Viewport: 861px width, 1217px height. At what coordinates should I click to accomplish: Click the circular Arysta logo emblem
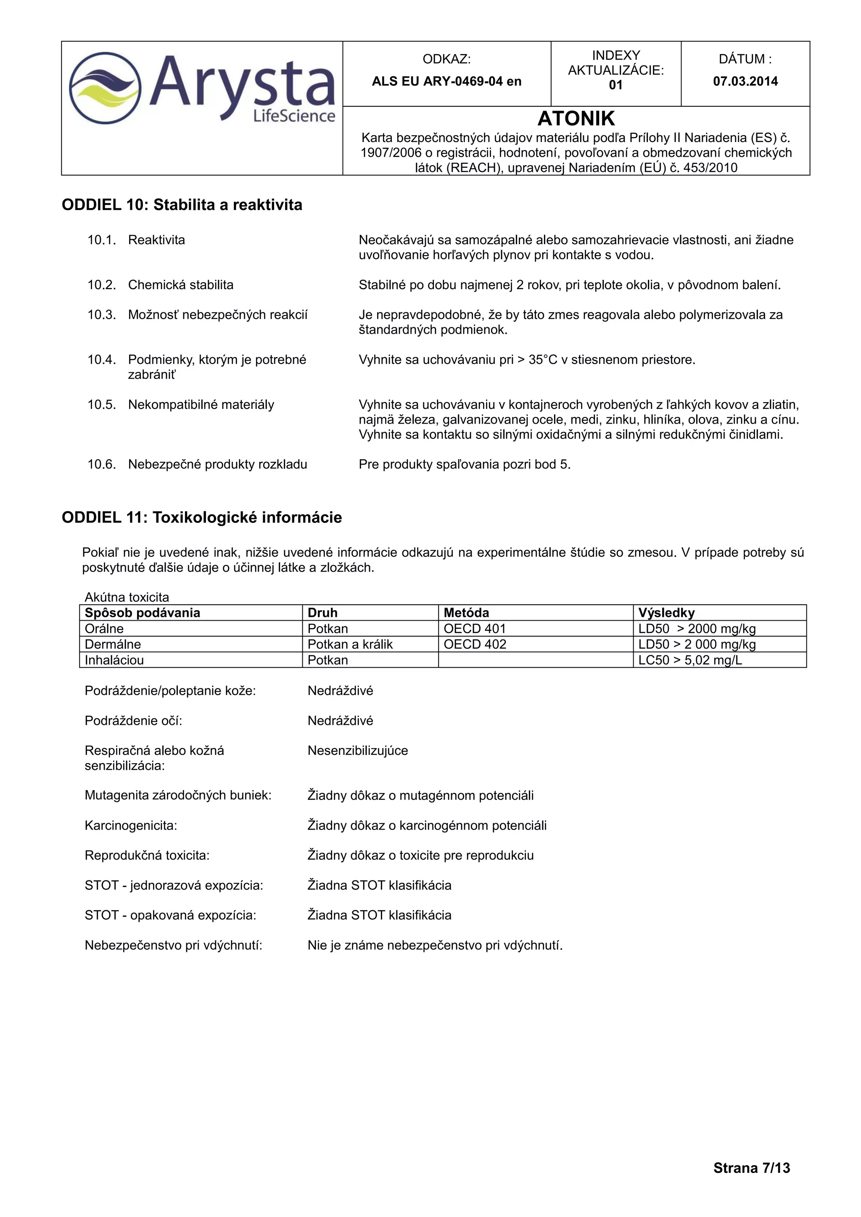pyautogui.click(x=106, y=88)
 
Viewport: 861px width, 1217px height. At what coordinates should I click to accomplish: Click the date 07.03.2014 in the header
pyautogui.click(x=745, y=81)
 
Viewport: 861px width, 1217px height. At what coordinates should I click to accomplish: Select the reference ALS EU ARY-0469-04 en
pyautogui.click(x=446, y=81)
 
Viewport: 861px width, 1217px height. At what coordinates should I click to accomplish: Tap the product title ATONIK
pyautogui.click(x=576, y=118)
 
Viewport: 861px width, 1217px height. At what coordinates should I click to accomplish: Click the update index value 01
pyautogui.click(x=615, y=85)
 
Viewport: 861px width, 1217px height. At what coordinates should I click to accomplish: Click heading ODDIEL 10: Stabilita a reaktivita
pyautogui.click(x=182, y=205)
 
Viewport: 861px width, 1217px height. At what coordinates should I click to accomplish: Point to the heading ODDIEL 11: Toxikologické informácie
pyautogui.click(x=201, y=517)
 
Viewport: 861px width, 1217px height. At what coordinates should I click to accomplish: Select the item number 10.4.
pyautogui.click(x=101, y=359)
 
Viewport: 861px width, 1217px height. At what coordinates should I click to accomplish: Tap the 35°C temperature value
pyautogui.click(x=542, y=359)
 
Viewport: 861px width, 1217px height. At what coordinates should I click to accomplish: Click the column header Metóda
pyautogui.click(x=466, y=613)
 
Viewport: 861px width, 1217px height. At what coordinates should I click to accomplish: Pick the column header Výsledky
pyautogui.click(x=666, y=613)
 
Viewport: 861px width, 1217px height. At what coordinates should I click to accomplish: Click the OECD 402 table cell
pyautogui.click(x=475, y=644)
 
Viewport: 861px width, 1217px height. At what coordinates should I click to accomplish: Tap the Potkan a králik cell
pyautogui.click(x=350, y=644)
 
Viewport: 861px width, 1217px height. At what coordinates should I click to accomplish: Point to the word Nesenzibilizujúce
pyautogui.click(x=357, y=751)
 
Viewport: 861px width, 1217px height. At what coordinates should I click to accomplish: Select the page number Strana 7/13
pyautogui.click(x=751, y=1168)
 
